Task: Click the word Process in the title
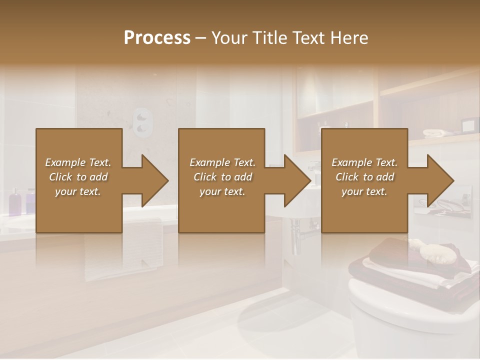(157, 38)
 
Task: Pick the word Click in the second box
(204, 177)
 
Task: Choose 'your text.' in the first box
(78, 191)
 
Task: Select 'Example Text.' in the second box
(222, 162)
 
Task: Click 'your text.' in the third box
(364, 191)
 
